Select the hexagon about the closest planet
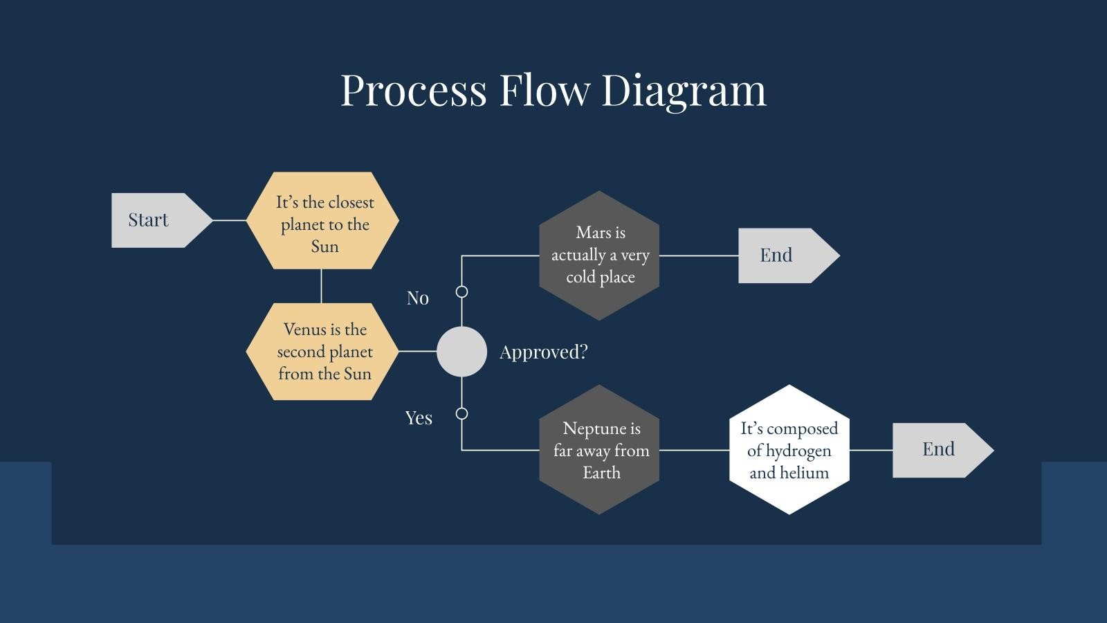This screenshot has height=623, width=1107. pyautogui.click(x=323, y=222)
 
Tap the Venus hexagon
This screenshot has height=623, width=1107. pyautogui.click(x=323, y=352)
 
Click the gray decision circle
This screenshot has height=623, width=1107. pyautogui.click(x=461, y=352)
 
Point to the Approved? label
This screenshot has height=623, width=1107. pyautogui.click(x=543, y=352)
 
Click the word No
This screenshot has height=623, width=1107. pyautogui.click(x=417, y=298)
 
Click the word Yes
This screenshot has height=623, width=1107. pyautogui.click(x=418, y=418)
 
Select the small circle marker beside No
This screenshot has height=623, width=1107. pyautogui.click(x=461, y=292)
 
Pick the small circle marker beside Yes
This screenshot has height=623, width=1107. pyautogui.click(x=461, y=414)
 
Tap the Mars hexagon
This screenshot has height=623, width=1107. pyautogui.click(x=599, y=255)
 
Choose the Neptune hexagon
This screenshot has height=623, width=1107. pyautogui.click(x=599, y=450)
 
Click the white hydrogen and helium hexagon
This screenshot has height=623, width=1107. pyautogui.click(x=789, y=450)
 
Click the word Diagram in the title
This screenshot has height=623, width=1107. pyautogui.click(x=684, y=90)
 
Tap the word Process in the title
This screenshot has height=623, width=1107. pyautogui.click(x=414, y=90)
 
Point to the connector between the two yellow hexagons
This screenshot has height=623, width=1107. pyautogui.click(x=321, y=286)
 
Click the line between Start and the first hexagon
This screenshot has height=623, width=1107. pyautogui.click(x=230, y=220)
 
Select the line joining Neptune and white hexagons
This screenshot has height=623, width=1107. pyautogui.click(x=694, y=450)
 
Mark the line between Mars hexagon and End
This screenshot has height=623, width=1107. pyautogui.click(x=699, y=255)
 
